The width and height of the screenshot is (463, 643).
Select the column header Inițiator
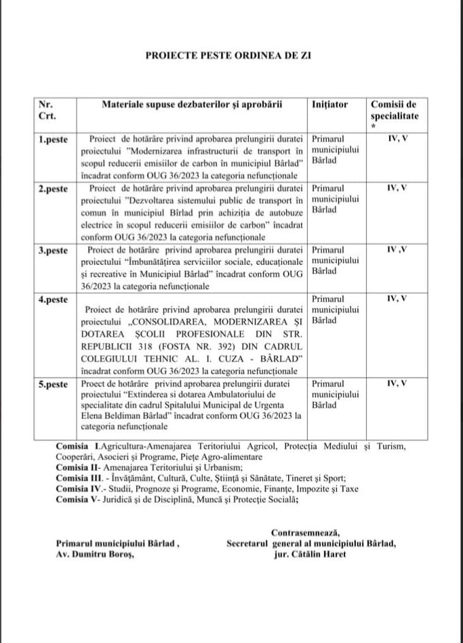pos(330,105)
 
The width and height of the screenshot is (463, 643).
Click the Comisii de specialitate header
pos(394,110)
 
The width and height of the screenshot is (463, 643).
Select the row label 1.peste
pos(53,139)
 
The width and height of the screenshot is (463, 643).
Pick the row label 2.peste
pos(53,188)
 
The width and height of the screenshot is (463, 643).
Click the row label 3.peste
pos(53,250)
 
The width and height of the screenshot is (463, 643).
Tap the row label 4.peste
pos(53,299)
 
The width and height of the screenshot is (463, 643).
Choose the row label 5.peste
pos(53,384)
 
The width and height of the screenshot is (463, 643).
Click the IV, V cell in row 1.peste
pos(397,138)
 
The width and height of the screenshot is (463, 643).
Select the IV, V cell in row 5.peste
pos(397,383)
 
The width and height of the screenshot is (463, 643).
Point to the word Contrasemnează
pos(306,531)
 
